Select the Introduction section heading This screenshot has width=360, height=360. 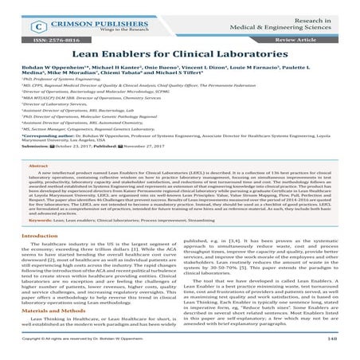[x=40, y=259]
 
